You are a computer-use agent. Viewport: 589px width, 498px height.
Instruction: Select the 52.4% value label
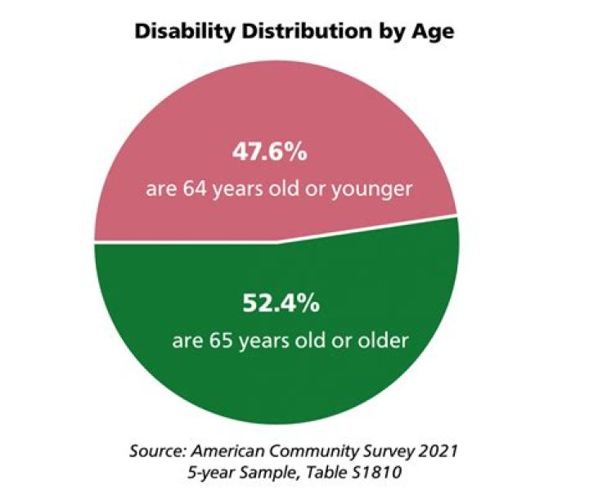pos(280,305)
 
